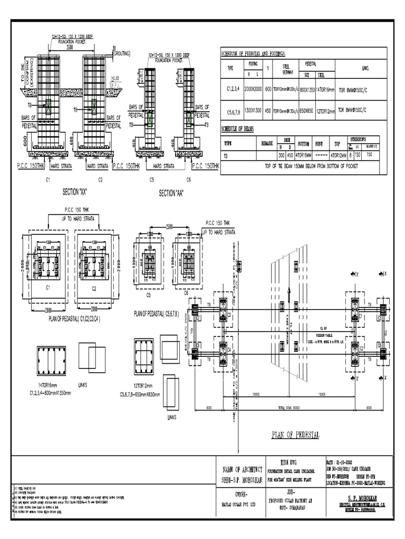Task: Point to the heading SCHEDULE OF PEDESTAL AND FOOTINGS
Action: [253, 54]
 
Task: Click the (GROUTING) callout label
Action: [121, 54]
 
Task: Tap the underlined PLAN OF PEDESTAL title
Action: [295, 435]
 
